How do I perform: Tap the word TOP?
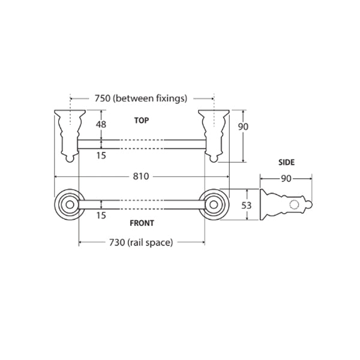click(x=142, y=120)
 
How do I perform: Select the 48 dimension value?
click(x=101, y=124)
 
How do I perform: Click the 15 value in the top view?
click(x=101, y=155)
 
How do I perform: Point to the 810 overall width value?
click(x=142, y=176)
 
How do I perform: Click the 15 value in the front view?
click(x=101, y=215)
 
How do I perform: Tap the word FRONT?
click(x=142, y=223)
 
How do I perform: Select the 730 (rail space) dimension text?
click(x=141, y=242)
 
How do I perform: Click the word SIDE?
click(x=286, y=163)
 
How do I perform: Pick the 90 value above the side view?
click(x=286, y=178)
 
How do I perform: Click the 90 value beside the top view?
click(x=243, y=127)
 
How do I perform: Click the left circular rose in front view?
click(x=68, y=205)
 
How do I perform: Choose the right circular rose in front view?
click(x=214, y=205)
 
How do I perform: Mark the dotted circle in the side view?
click(x=293, y=205)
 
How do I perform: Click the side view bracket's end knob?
click(x=310, y=205)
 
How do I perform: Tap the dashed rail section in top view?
click(x=142, y=144)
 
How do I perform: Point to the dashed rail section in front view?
click(x=142, y=205)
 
